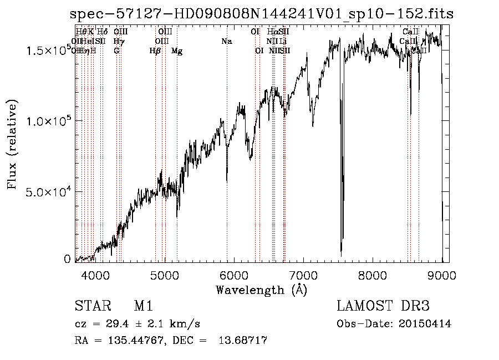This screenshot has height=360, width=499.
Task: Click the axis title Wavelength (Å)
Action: coord(261,290)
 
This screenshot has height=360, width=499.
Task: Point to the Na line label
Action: coord(226,41)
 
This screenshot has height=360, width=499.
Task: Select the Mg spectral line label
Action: coord(177,51)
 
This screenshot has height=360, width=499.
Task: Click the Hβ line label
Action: coord(155,51)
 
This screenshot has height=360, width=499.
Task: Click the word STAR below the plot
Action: coord(90,306)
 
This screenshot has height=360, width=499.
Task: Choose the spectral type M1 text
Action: coord(143,306)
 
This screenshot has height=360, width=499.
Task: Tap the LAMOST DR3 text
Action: coord(383,306)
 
